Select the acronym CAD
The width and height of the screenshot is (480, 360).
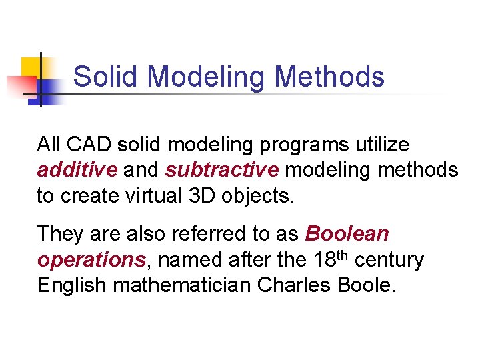pyautogui.click(x=85, y=144)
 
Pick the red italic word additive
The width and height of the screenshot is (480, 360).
pyautogui.click(x=77, y=170)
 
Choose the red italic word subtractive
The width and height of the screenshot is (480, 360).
pyautogui.click(x=222, y=170)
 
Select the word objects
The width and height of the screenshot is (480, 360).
pyautogui.click(x=257, y=197)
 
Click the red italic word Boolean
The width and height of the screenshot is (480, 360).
pyautogui.click(x=347, y=234)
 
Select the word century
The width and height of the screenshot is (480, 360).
pyautogui.click(x=389, y=261)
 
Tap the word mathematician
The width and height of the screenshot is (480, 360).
pyautogui.click(x=182, y=285)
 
